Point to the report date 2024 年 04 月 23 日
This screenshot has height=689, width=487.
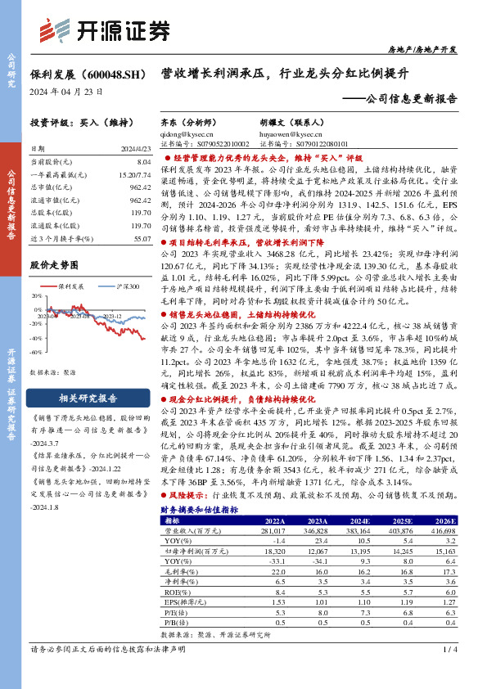pyautogui.click(x=67, y=92)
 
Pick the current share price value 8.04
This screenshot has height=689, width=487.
pyautogui.click(x=143, y=163)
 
